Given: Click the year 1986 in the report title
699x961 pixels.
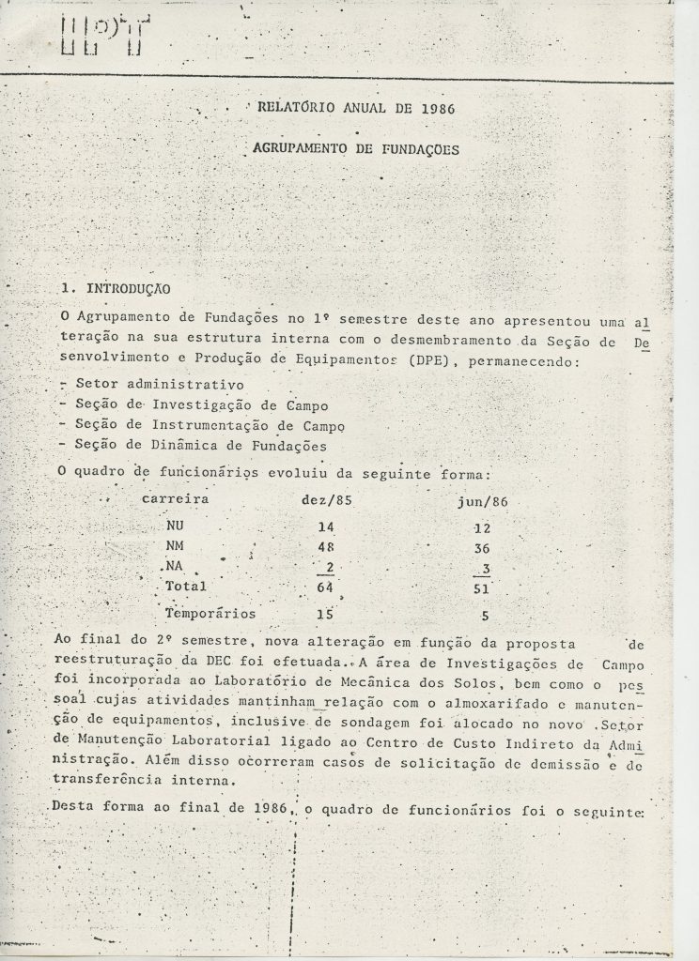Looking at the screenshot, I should pos(435,109).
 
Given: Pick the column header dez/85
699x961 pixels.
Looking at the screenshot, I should pos(326,500).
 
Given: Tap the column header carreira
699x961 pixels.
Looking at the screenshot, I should pos(174,499).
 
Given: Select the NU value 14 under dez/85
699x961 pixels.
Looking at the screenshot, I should pos(326,528).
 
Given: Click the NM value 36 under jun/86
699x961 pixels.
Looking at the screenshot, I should pos(482,549).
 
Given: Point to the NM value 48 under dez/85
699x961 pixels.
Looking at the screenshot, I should pos(326,548).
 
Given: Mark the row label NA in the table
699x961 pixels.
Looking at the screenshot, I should pos(172,567).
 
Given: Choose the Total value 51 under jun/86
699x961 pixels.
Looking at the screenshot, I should pos(482,589).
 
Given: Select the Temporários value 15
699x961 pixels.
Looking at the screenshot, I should pos(325,616).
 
